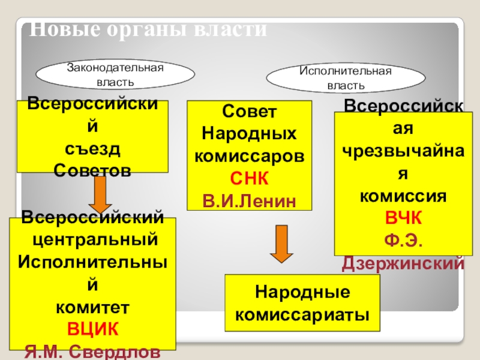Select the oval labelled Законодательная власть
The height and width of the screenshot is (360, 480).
[x=115, y=74]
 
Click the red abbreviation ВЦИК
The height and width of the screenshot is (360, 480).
[x=92, y=330]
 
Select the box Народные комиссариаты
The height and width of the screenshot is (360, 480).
[x=302, y=303]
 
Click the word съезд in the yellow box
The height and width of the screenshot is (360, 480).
[x=92, y=149]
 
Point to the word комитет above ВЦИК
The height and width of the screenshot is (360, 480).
[x=92, y=308]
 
